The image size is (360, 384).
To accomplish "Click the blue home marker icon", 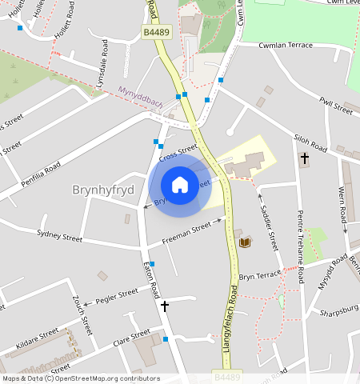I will [x=180, y=185].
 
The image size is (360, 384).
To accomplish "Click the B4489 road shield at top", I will [x=158, y=31].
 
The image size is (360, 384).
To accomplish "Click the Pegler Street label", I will [x=116, y=296].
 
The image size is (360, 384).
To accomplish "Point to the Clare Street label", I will [x=132, y=337].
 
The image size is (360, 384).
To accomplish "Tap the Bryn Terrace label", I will [x=260, y=274].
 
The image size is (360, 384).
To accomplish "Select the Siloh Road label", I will [x=310, y=143].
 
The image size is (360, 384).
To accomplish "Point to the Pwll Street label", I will [x=335, y=105].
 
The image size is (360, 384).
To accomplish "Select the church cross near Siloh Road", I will [x=304, y=158].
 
